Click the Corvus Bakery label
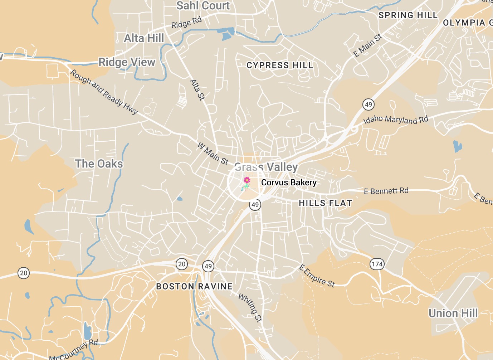(289, 183)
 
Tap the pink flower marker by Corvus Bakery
(246, 180)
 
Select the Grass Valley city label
(266, 167)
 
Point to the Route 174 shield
(377, 264)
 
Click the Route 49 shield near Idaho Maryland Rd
(368, 104)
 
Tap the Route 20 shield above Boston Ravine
(182, 264)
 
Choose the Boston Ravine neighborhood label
(194, 286)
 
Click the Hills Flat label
(325, 203)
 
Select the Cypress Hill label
(280, 65)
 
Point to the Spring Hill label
(408, 15)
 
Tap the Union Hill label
(453, 313)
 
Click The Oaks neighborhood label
(99, 164)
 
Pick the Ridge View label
(127, 62)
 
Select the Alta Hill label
(144, 38)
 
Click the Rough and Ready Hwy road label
(104, 92)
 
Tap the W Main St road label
(213, 154)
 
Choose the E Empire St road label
(317, 276)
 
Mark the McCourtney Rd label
(73, 350)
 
